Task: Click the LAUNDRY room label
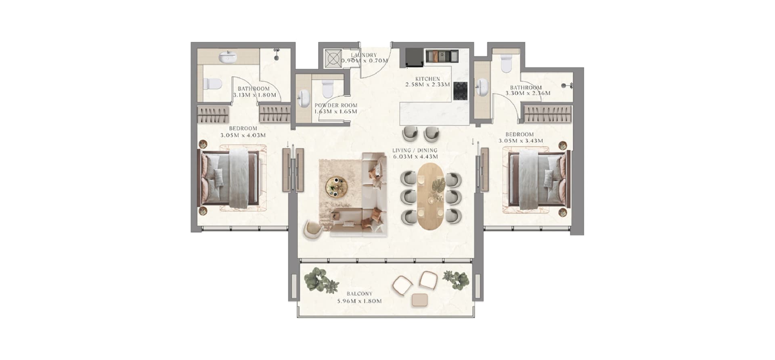(363, 55)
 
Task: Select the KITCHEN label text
(427, 79)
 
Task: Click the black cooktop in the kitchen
(460, 91)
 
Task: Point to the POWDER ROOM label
(336, 105)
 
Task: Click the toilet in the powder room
(327, 89)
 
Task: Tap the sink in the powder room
(304, 98)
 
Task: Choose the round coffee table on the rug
(336, 186)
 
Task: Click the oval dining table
(430, 196)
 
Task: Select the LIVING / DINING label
(415, 151)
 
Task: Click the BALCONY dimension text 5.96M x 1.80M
(359, 301)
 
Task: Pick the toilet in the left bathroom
(212, 84)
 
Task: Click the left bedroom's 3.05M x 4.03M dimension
(243, 136)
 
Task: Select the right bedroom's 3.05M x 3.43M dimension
(520, 141)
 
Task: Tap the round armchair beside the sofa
(314, 230)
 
